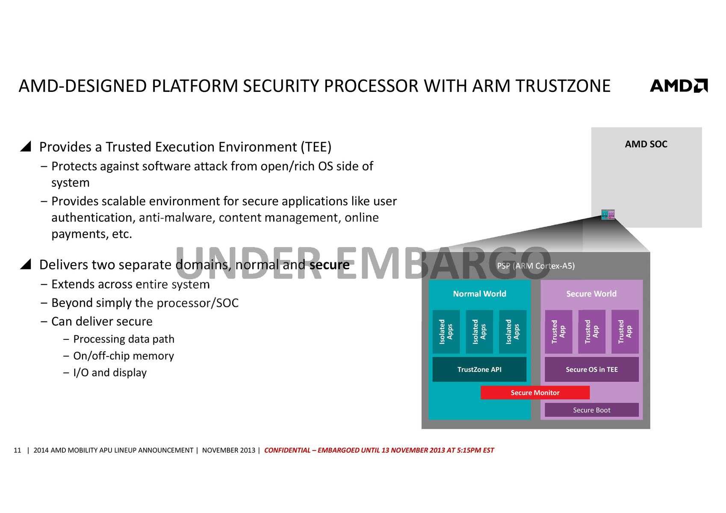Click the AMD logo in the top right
click(x=679, y=85)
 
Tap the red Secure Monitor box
click(x=535, y=392)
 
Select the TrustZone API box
click(x=479, y=369)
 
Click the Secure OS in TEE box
click(x=591, y=369)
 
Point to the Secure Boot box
click(x=591, y=410)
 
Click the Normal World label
click(x=479, y=294)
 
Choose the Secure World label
click(x=591, y=294)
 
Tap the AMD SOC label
click(x=646, y=144)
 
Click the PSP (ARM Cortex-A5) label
click(x=536, y=266)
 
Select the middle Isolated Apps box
click(x=479, y=332)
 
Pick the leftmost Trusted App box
click(x=558, y=332)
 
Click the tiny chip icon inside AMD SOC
click(x=608, y=214)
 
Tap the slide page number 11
click(x=18, y=450)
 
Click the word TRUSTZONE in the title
click(x=563, y=86)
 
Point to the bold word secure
click(x=329, y=265)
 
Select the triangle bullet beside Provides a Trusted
click(x=26, y=147)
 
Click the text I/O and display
click(x=110, y=373)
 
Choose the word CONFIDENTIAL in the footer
click(x=287, y=450)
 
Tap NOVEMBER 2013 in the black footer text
click(x=228, y=450)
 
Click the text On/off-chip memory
click(x=124, y=356)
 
